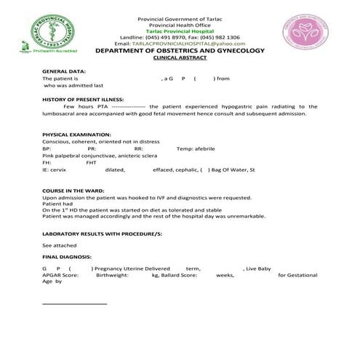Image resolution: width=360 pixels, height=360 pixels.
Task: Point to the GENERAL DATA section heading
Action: coord(64,71)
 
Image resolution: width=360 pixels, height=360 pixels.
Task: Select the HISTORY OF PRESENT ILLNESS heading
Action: coord(83,99)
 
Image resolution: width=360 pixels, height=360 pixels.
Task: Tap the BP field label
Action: coord(47,149)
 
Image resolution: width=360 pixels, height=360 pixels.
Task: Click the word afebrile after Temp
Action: coord(205,149)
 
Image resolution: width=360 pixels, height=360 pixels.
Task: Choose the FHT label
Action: coord(91,162)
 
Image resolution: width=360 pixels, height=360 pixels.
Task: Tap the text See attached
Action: coord(58,246)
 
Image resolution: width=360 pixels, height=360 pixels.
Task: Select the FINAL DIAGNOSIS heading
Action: coord(67,257)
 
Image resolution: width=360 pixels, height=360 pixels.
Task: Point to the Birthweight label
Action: coord(111,276)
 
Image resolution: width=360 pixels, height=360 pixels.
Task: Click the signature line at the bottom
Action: coord(75,303)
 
